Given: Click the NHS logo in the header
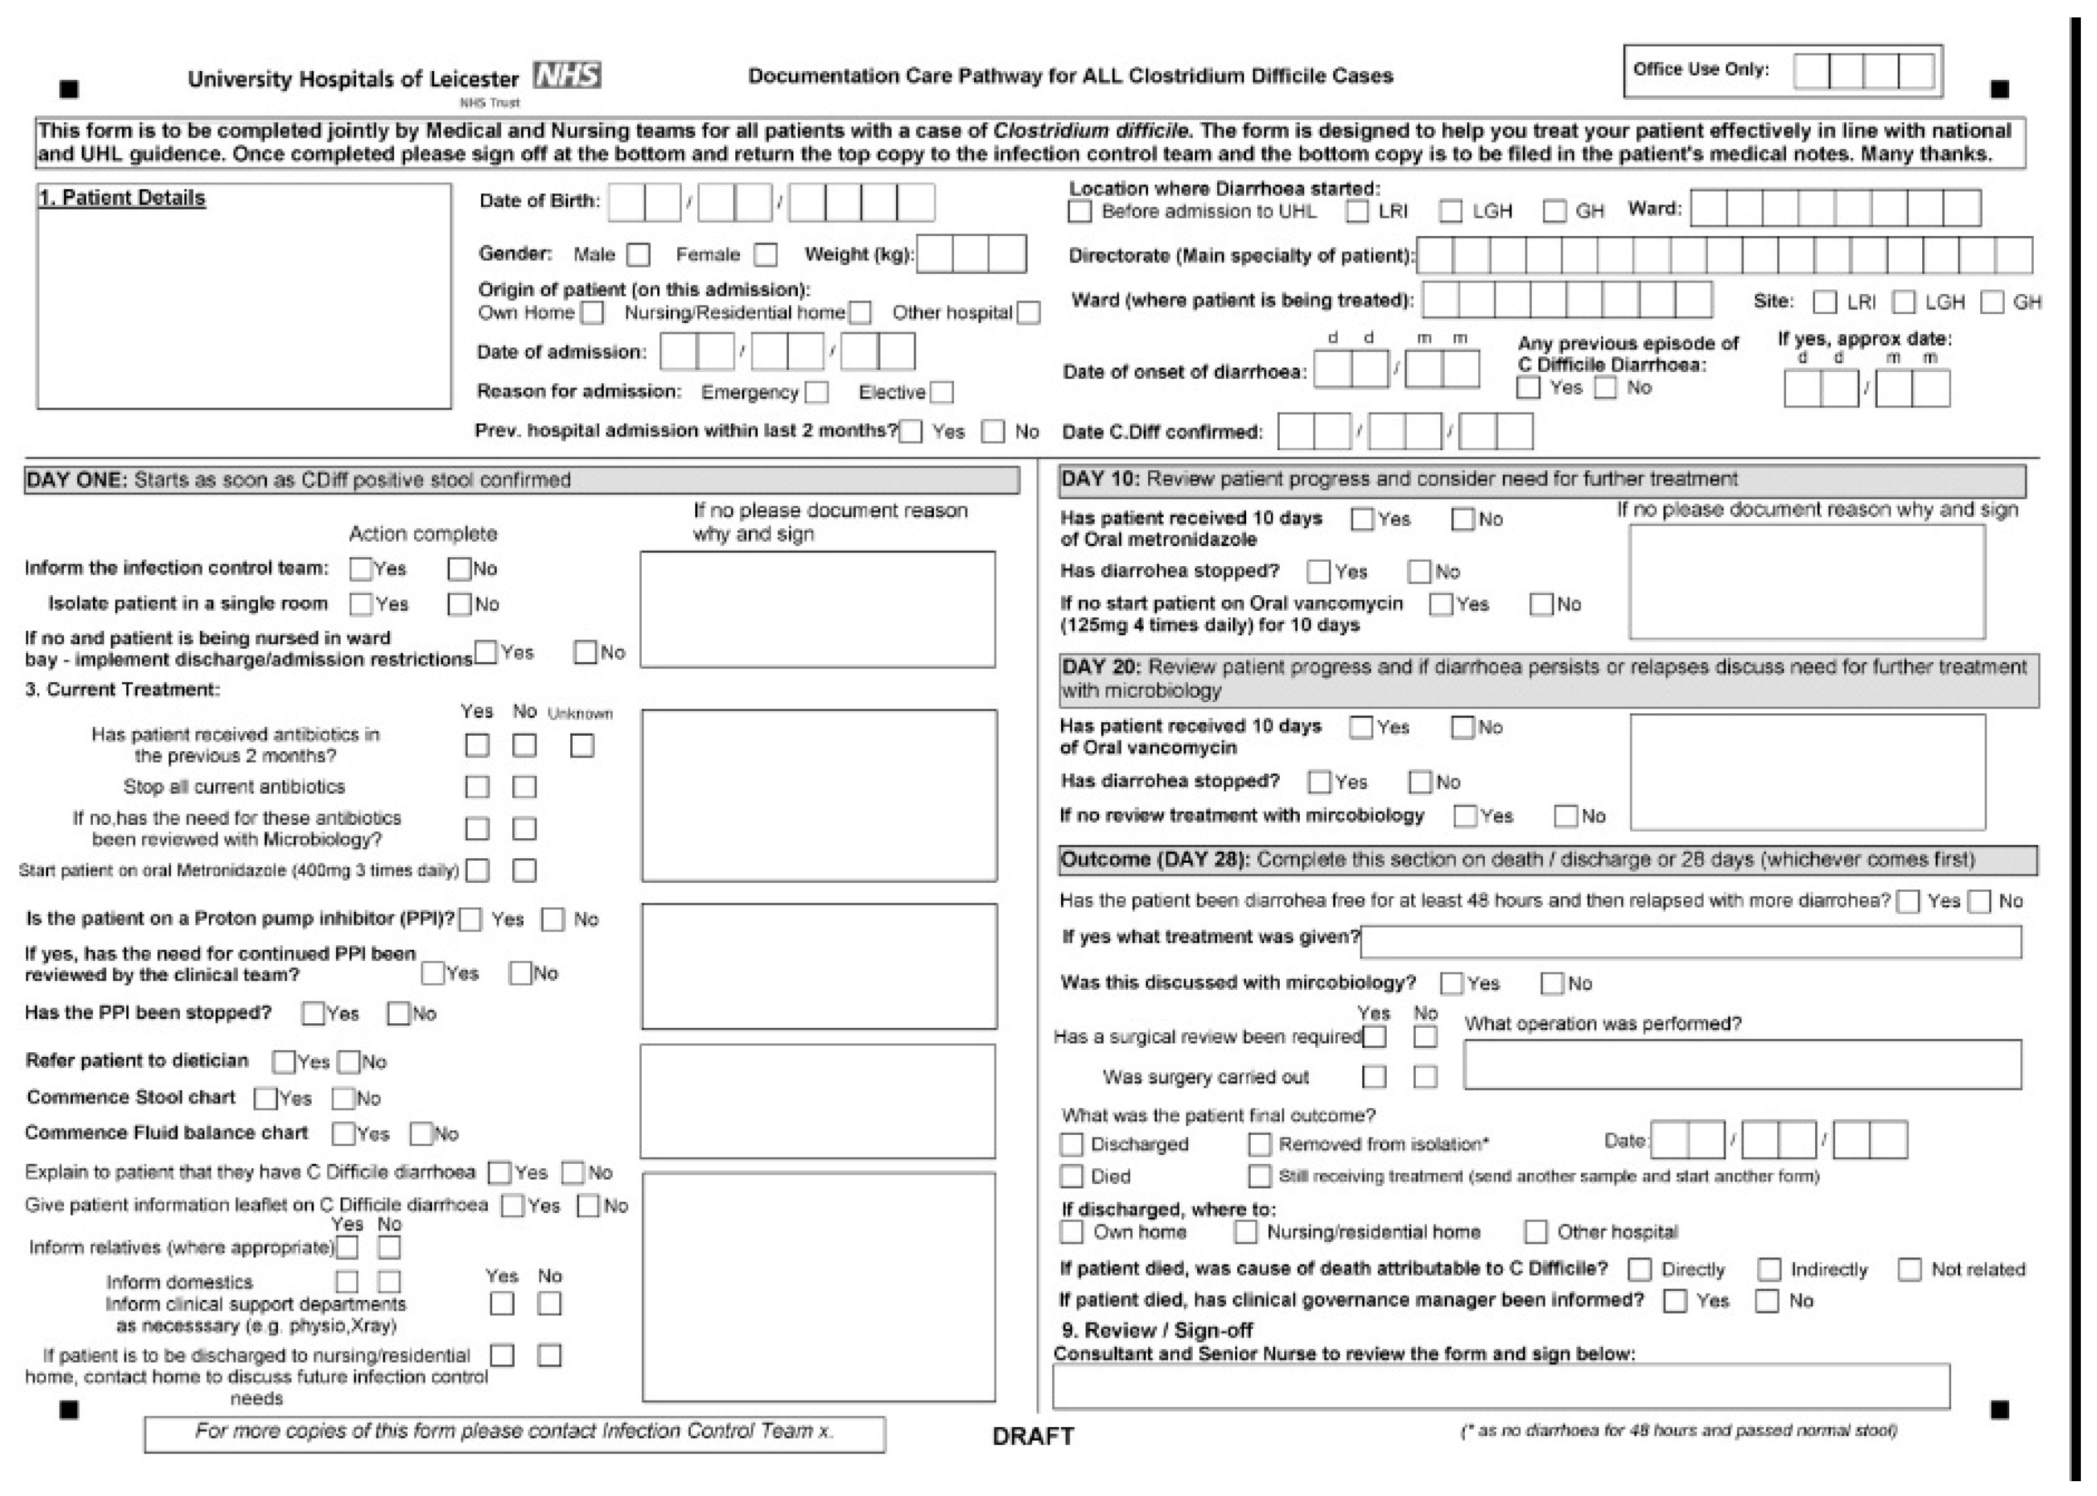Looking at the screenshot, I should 568,75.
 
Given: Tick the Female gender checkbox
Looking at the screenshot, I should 765,254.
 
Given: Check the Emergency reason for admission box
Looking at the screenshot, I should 817,393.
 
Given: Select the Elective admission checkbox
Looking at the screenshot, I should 942,393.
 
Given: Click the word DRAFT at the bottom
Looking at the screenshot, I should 1033,1436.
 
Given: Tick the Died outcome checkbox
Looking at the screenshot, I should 1071,1176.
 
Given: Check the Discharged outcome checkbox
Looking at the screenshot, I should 1071,1144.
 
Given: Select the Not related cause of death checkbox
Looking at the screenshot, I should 1910,1270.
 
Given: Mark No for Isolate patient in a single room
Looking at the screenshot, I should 459,604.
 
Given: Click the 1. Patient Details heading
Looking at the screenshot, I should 123,198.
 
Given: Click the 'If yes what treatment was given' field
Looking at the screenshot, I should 1691,941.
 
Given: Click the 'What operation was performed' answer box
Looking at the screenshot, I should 1742,1065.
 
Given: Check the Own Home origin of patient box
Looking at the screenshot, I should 592,313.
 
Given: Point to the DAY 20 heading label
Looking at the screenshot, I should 1102,667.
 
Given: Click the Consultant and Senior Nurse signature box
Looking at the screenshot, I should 1501,1386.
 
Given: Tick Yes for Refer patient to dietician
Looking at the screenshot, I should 284,1062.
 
